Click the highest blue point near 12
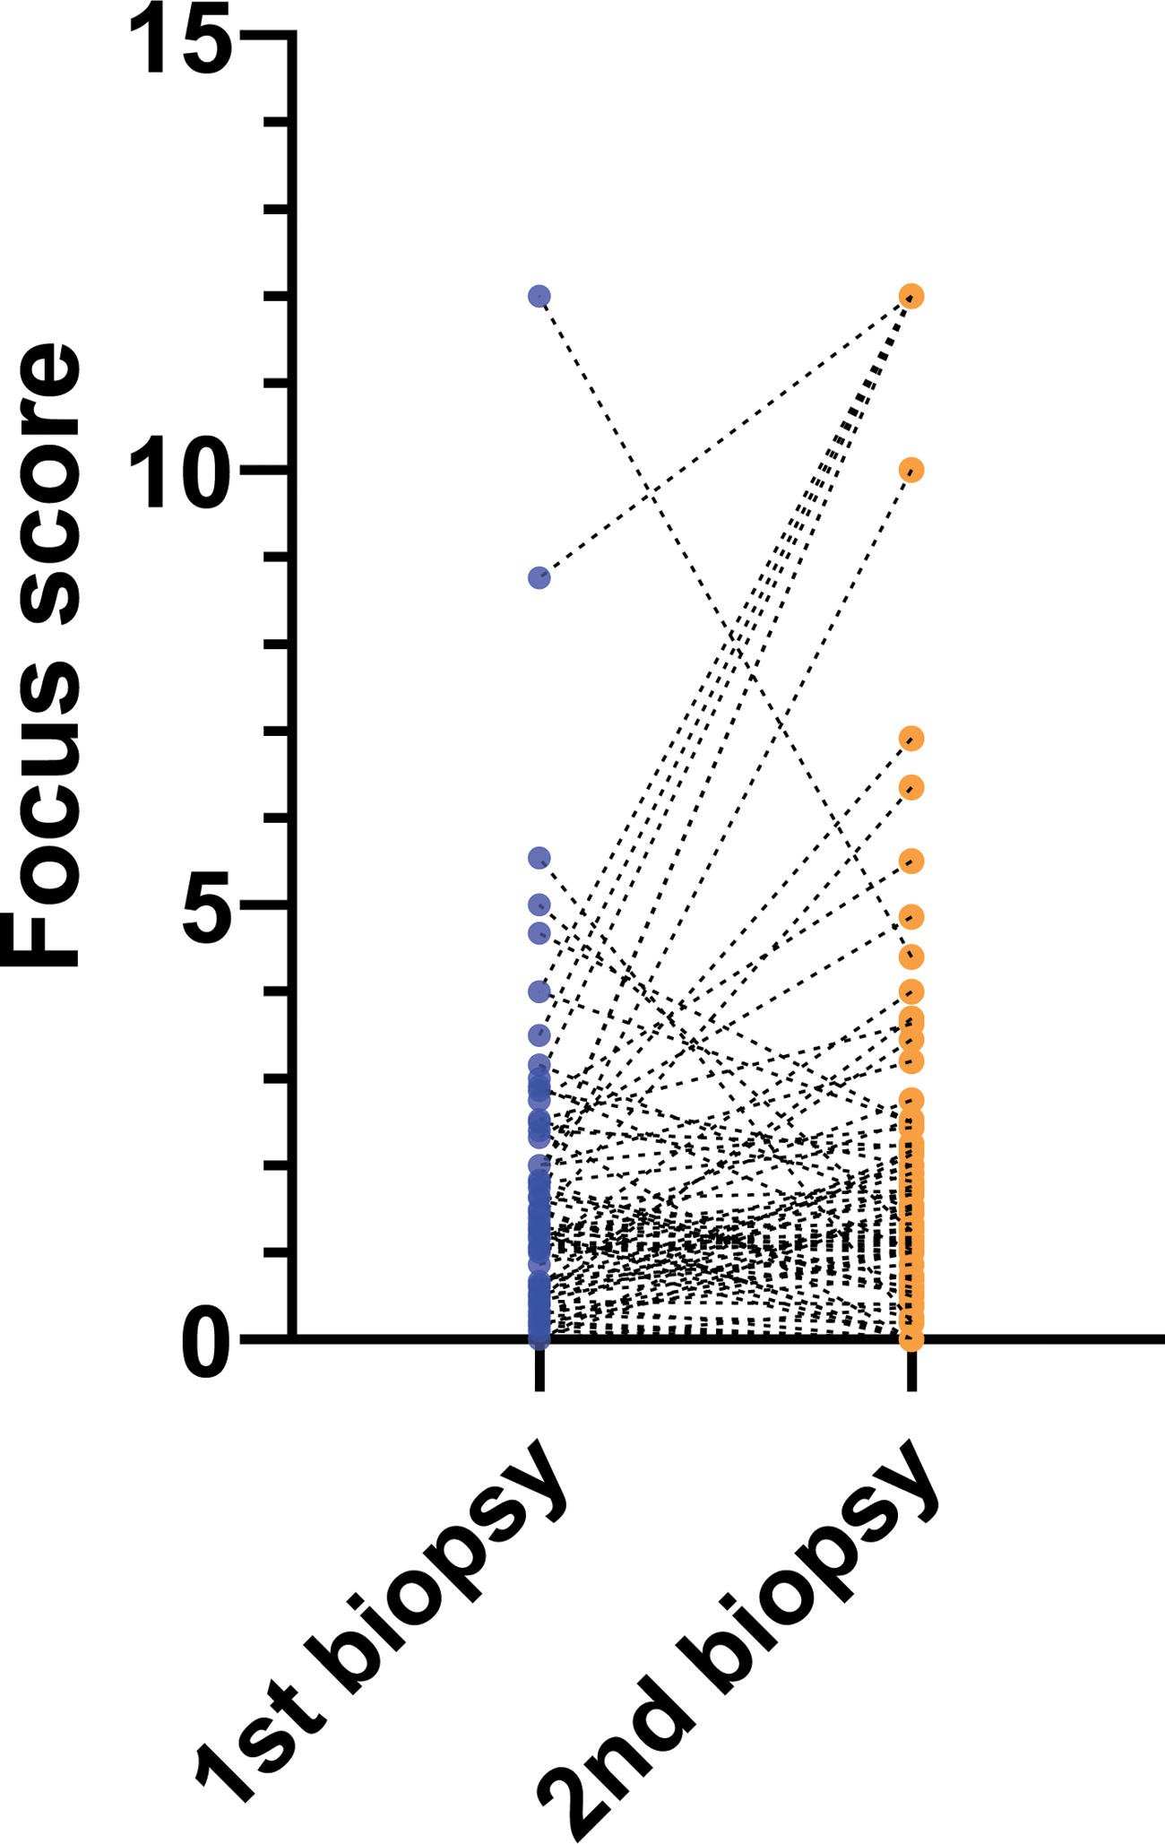[539, 296]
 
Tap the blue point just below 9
[539, 577]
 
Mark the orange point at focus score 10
[911, 470]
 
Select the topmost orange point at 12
[911, 296]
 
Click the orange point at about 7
[911, 739]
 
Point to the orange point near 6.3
[911, 788]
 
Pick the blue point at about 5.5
[539, 859]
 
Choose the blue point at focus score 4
[539, 991]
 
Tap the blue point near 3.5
[539, 1035]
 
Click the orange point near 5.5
[911, 861]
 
